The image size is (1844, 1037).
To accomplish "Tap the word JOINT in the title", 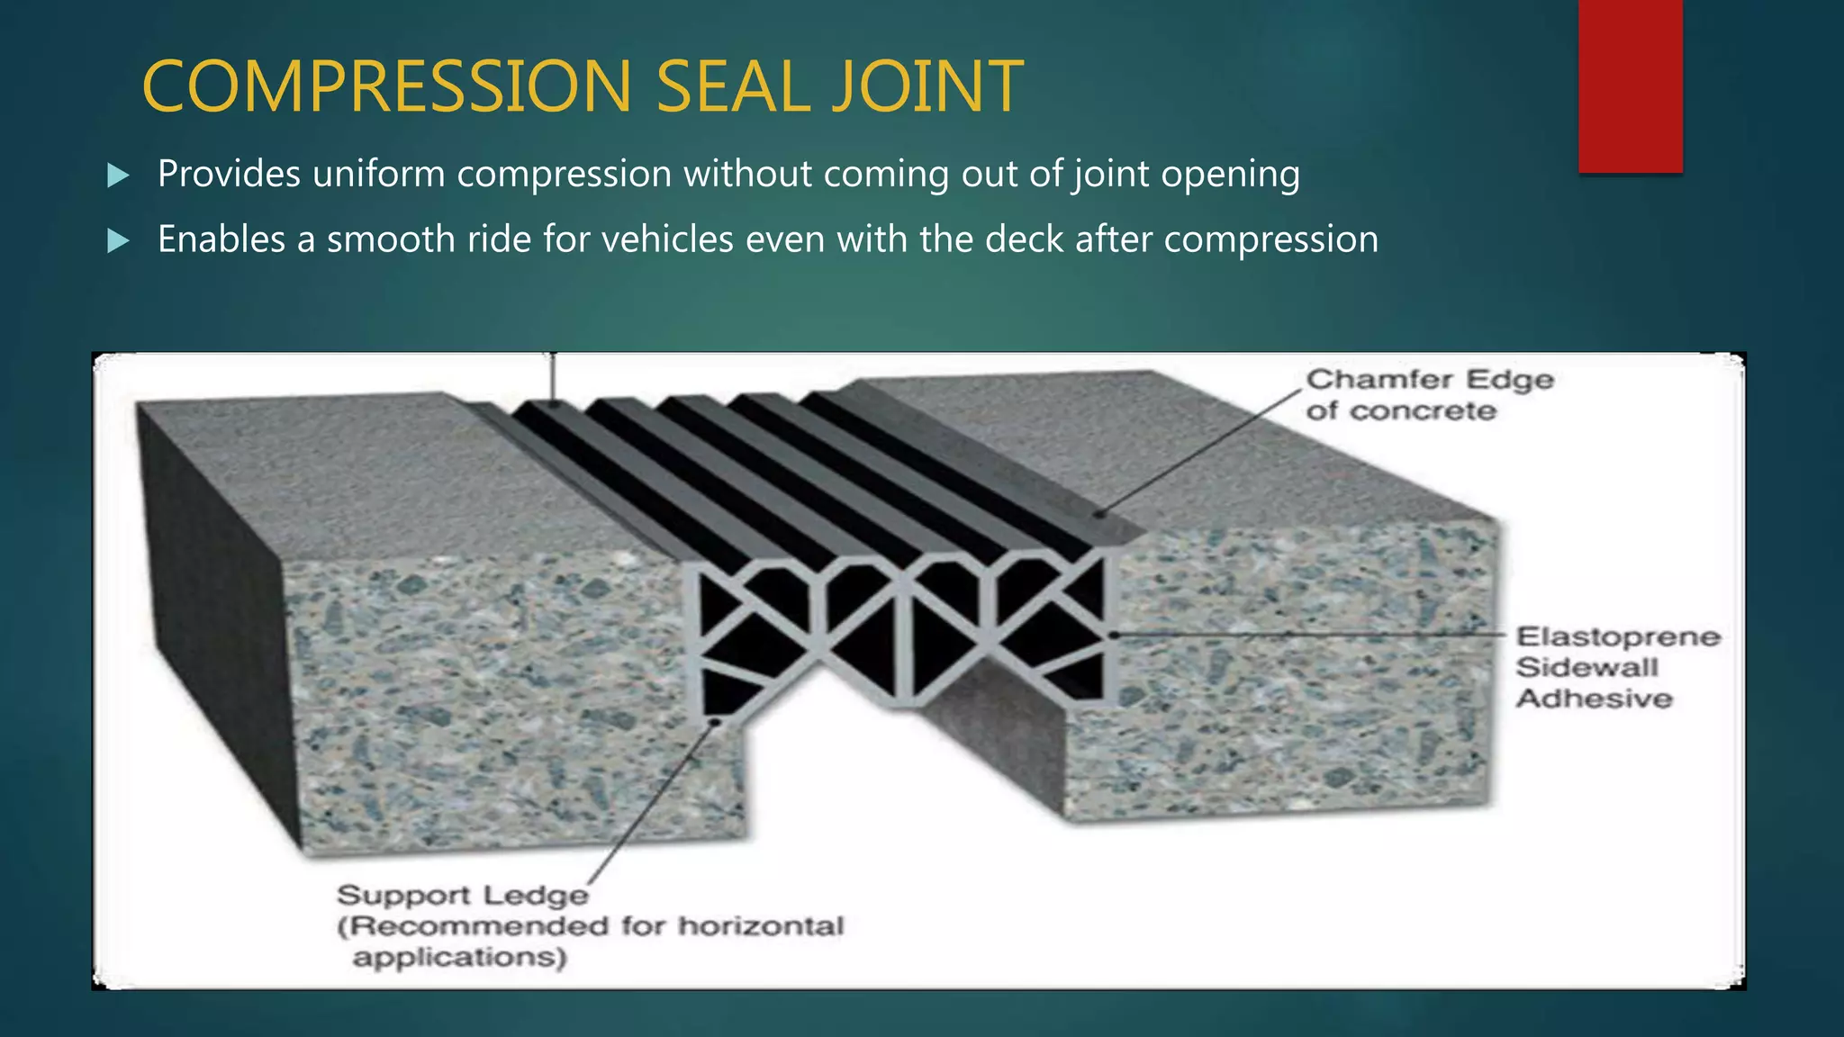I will pyautogui.click(x=927, y=86).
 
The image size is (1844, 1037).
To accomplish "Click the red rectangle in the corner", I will pyautogui.click(x=1630, y=86).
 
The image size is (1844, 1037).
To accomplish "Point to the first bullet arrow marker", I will pyautogui.click(x=118, y=175).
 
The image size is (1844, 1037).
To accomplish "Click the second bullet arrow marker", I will pyautogui.click(x=118, y=240).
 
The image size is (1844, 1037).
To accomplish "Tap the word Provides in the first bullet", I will pyautogui.click(x=229, y=174).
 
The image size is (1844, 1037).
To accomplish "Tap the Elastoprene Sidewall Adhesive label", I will pyautogui.click(x=1617, y=667).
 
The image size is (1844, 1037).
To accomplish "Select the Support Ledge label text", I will pyautogui.click(x=462, y=895).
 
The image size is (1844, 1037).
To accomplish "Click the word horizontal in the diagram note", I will pyautogui.click(x=761, y=925).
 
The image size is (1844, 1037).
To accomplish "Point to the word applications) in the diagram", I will pyautogui.click(x=460, y=957).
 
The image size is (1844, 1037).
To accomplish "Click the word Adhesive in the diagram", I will pyautogui.click(x=1594, y=699).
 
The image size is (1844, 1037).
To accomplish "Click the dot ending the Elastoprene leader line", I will pyautogui.click(x=1114, y=635).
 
